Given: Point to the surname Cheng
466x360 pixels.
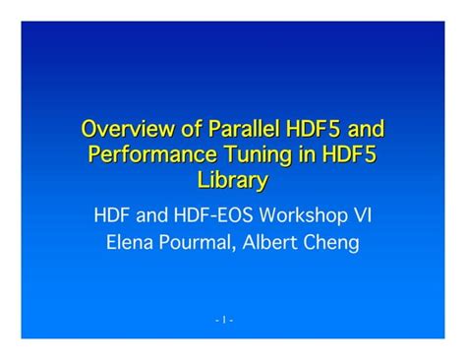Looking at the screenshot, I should [334, 241].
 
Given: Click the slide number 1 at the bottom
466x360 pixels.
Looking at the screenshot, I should [224, 320].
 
